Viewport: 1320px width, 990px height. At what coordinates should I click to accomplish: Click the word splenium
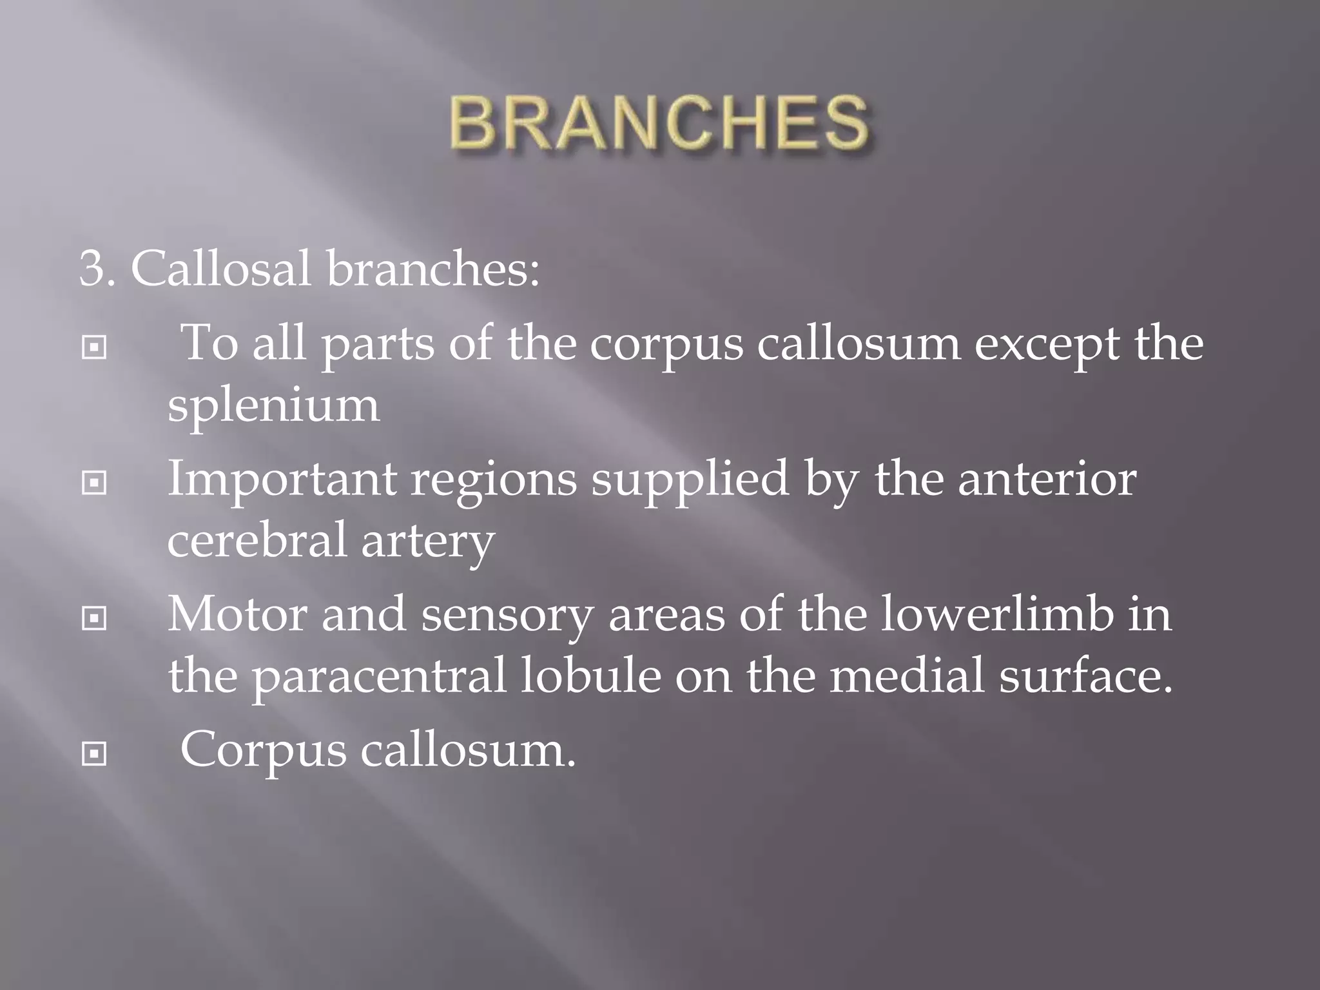(273, 406)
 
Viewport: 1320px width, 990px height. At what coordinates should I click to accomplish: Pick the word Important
(282, 480)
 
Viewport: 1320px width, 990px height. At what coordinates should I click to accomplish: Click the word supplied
(690, 480)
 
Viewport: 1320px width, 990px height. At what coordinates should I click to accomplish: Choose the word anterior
(1047, 480)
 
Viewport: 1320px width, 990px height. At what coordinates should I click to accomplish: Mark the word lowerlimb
(996, 614)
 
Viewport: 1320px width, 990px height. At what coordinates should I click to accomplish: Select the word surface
(1085, 675)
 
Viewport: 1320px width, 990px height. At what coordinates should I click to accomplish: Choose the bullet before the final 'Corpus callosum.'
(94, 753)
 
